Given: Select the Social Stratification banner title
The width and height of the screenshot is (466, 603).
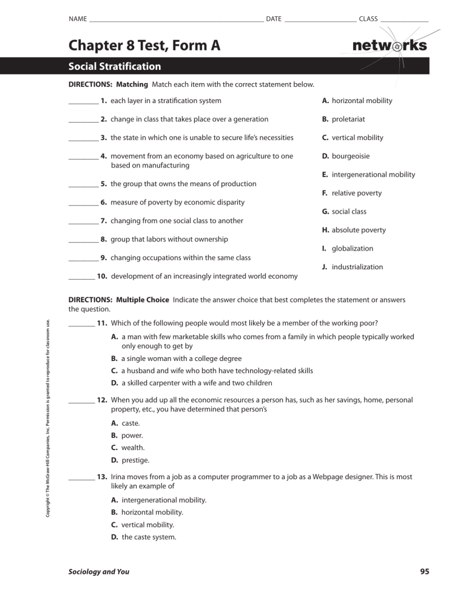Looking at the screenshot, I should (115, 66).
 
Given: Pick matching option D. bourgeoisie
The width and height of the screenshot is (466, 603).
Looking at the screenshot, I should (348, 156).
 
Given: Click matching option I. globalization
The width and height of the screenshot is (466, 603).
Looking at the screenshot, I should (348, 248).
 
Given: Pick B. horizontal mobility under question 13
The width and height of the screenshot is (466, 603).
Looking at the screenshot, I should (147, 512).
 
